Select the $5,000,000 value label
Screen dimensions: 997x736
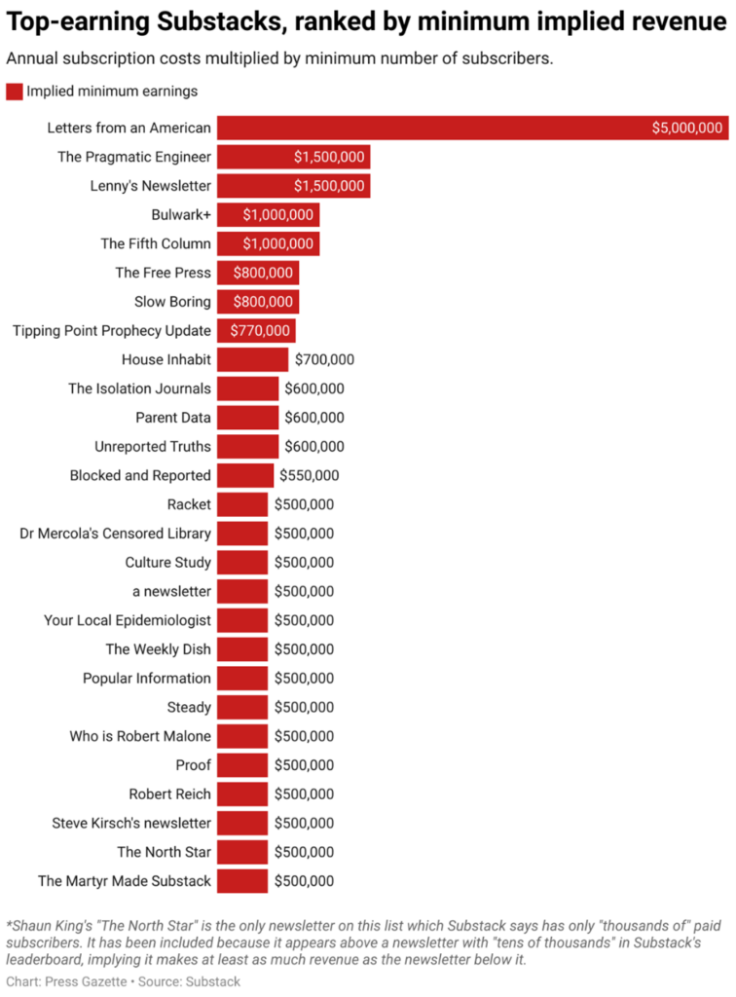[x=686, y=128]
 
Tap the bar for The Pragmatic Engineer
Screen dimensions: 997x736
[x=293, y=157]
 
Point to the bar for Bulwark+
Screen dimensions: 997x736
[x=268, y=215]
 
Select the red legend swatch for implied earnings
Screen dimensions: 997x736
[x=15, y=92]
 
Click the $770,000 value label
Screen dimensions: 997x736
[x=260, y=331]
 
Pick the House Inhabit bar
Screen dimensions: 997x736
[x=252, y=360]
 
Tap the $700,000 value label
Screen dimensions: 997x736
[x=324, y=360]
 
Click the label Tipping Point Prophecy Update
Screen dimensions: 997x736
[x=112, y=331]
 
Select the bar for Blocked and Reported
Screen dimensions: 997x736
[x=245, y=476]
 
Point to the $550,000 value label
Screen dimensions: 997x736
[x=310, y=476]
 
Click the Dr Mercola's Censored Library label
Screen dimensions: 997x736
[x=116, y=534]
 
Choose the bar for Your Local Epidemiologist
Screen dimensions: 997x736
[x=241, y=620]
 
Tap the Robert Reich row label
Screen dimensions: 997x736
[x=170, y=794]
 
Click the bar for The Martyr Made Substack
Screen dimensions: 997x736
[x=241, y=881]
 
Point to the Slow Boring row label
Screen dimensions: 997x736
[x=172, y=302]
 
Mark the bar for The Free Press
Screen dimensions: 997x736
[x=257, y=273]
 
